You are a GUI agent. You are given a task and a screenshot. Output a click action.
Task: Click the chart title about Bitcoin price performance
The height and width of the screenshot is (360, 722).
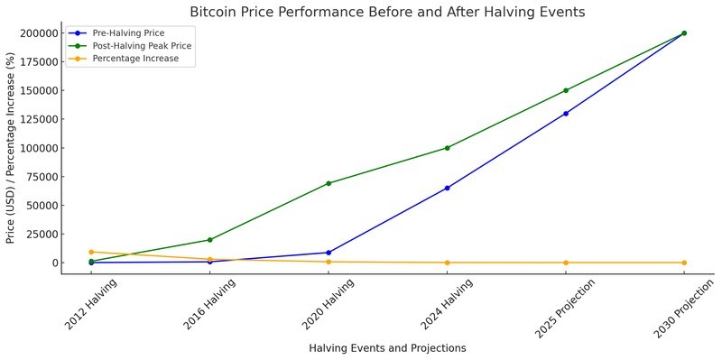[387, 13]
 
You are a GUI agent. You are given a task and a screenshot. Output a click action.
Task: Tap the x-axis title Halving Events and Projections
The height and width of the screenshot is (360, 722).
[387, 347]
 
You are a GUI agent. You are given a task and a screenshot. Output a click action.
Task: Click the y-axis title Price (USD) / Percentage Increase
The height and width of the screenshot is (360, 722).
[11, 148]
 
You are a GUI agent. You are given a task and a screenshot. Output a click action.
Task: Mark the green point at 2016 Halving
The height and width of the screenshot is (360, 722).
[210, 240]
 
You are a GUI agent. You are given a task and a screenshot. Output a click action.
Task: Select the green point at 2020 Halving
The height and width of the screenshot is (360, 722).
[329, 183]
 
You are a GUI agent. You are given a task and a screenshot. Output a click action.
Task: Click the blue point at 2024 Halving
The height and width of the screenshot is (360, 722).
[447, 188]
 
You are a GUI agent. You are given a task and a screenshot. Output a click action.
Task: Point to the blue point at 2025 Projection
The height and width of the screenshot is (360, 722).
[566, 114]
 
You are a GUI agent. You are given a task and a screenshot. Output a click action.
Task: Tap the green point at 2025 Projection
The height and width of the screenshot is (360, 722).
[566, 90]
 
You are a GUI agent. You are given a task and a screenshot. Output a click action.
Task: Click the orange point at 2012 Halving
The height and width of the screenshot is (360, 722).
[91, 252]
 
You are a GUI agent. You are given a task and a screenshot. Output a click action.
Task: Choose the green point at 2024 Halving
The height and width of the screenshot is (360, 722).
[447, 148]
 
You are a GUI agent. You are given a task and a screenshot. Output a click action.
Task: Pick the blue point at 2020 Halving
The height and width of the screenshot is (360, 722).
[329, 253]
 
